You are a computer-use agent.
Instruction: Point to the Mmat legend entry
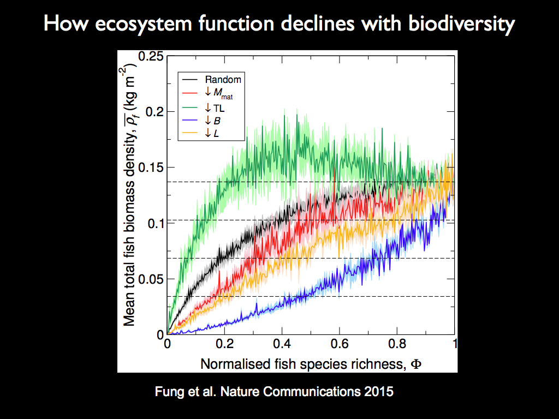pyautogui.click(x=223, y=94)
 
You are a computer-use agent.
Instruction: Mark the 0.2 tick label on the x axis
pyautogui.click(x=224, y=345)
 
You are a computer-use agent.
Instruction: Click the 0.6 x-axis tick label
pyautogui.click(x=340, y=345)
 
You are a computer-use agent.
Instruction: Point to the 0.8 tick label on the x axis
pyautogui.click(x=397, y=345)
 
